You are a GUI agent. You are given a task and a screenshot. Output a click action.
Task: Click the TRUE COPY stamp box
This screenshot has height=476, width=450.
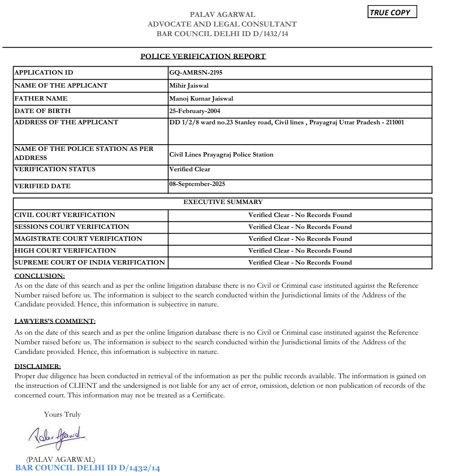[392, 12]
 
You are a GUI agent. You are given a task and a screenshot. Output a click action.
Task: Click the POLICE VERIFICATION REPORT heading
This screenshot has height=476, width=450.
[203, 57]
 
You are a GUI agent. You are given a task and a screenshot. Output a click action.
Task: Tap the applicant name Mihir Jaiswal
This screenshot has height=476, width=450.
[190, 86]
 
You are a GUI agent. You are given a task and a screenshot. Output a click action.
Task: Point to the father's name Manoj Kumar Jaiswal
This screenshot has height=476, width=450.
[201, 99]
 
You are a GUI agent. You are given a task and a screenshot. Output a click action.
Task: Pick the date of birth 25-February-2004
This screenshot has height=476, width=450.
[197, 111]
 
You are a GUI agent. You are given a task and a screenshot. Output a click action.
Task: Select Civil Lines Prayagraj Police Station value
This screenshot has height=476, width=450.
[221, 154]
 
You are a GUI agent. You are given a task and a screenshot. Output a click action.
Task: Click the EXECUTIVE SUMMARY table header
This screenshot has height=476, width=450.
[223, 202]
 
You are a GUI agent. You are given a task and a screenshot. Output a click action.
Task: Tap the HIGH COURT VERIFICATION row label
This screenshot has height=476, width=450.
[65, 250]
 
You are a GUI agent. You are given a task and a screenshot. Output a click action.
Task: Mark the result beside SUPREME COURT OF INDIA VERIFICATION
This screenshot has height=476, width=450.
[300, 262]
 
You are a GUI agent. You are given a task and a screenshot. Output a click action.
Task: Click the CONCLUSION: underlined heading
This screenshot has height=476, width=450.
[40, 276]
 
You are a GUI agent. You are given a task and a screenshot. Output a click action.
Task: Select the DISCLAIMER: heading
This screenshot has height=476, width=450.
[37, 366]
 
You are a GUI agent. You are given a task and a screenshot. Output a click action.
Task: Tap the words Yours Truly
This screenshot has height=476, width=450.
[62, 414]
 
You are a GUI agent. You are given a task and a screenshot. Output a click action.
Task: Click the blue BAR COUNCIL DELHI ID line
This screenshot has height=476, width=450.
[88, 468]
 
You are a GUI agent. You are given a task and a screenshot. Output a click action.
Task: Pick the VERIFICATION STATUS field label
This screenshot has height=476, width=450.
[55, 170]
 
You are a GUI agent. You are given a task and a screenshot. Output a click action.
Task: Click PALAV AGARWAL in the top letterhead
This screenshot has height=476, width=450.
[222, 14]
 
